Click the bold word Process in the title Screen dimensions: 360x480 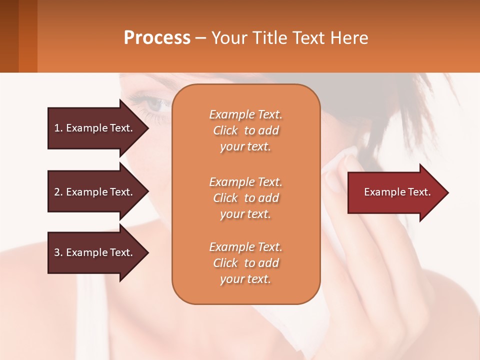pos(157,38)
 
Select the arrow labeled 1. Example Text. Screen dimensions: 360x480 pos(95,128)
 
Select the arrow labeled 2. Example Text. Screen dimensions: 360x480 pos(95,192)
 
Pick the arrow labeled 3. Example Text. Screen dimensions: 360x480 pos(95,252)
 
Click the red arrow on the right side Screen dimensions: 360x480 pos(395,192)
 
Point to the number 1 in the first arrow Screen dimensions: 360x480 pos(57,128)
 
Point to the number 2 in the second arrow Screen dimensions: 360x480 pos(57,192)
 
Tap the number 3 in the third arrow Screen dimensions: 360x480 pos(57,252)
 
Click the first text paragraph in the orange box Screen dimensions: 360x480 pos(245,130)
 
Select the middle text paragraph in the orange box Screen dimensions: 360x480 pos(245,198)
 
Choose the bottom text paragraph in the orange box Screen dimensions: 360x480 pos(245,263)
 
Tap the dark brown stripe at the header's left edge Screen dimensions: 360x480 pos(9,36)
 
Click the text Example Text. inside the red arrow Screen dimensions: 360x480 pos(397,192)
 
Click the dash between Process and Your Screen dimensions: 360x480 pos(200,38)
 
